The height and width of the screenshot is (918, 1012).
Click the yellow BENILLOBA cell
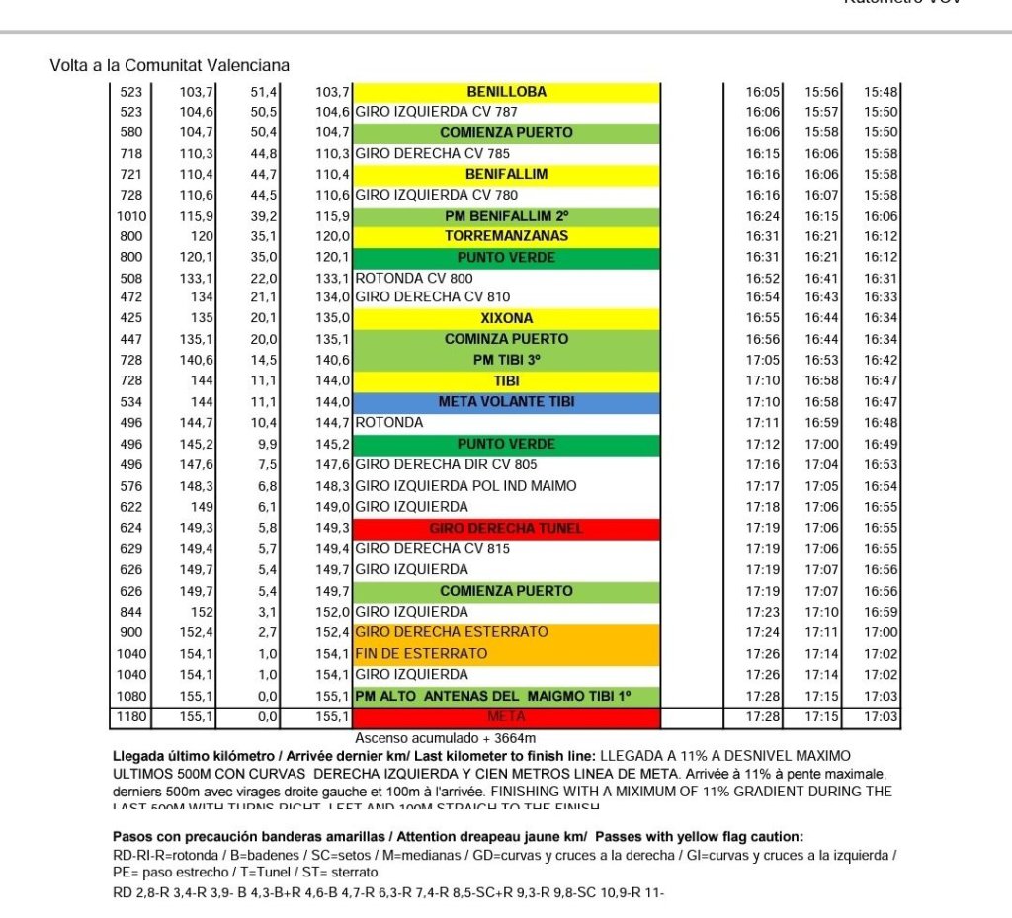point(506,92)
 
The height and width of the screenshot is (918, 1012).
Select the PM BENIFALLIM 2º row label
point(506,216)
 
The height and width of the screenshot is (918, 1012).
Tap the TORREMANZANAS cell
point(506,237)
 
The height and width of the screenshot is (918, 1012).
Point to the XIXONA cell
point(506,318)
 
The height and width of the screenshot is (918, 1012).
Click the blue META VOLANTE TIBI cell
point(506,402)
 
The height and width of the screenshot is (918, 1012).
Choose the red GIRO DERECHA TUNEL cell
point(506,528)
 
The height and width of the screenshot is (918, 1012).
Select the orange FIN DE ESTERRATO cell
point(506,654)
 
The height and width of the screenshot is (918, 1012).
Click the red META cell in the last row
point(506,716)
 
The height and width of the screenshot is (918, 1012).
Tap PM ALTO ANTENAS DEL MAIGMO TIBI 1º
point(506,696)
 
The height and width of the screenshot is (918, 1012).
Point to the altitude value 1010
point(131,216)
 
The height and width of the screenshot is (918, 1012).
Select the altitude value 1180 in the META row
point(131,716)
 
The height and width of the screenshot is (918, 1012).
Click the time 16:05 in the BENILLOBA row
point(763,92)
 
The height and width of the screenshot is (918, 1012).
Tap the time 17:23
point(763,612)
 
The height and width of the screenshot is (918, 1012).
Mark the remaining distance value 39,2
point(264,216)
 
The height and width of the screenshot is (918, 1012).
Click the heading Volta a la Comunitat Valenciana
point(170,65)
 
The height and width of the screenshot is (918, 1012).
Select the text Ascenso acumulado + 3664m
point(445,737)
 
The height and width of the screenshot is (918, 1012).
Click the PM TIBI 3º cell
point(506,361)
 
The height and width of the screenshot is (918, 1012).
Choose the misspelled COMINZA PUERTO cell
point(506,339)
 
